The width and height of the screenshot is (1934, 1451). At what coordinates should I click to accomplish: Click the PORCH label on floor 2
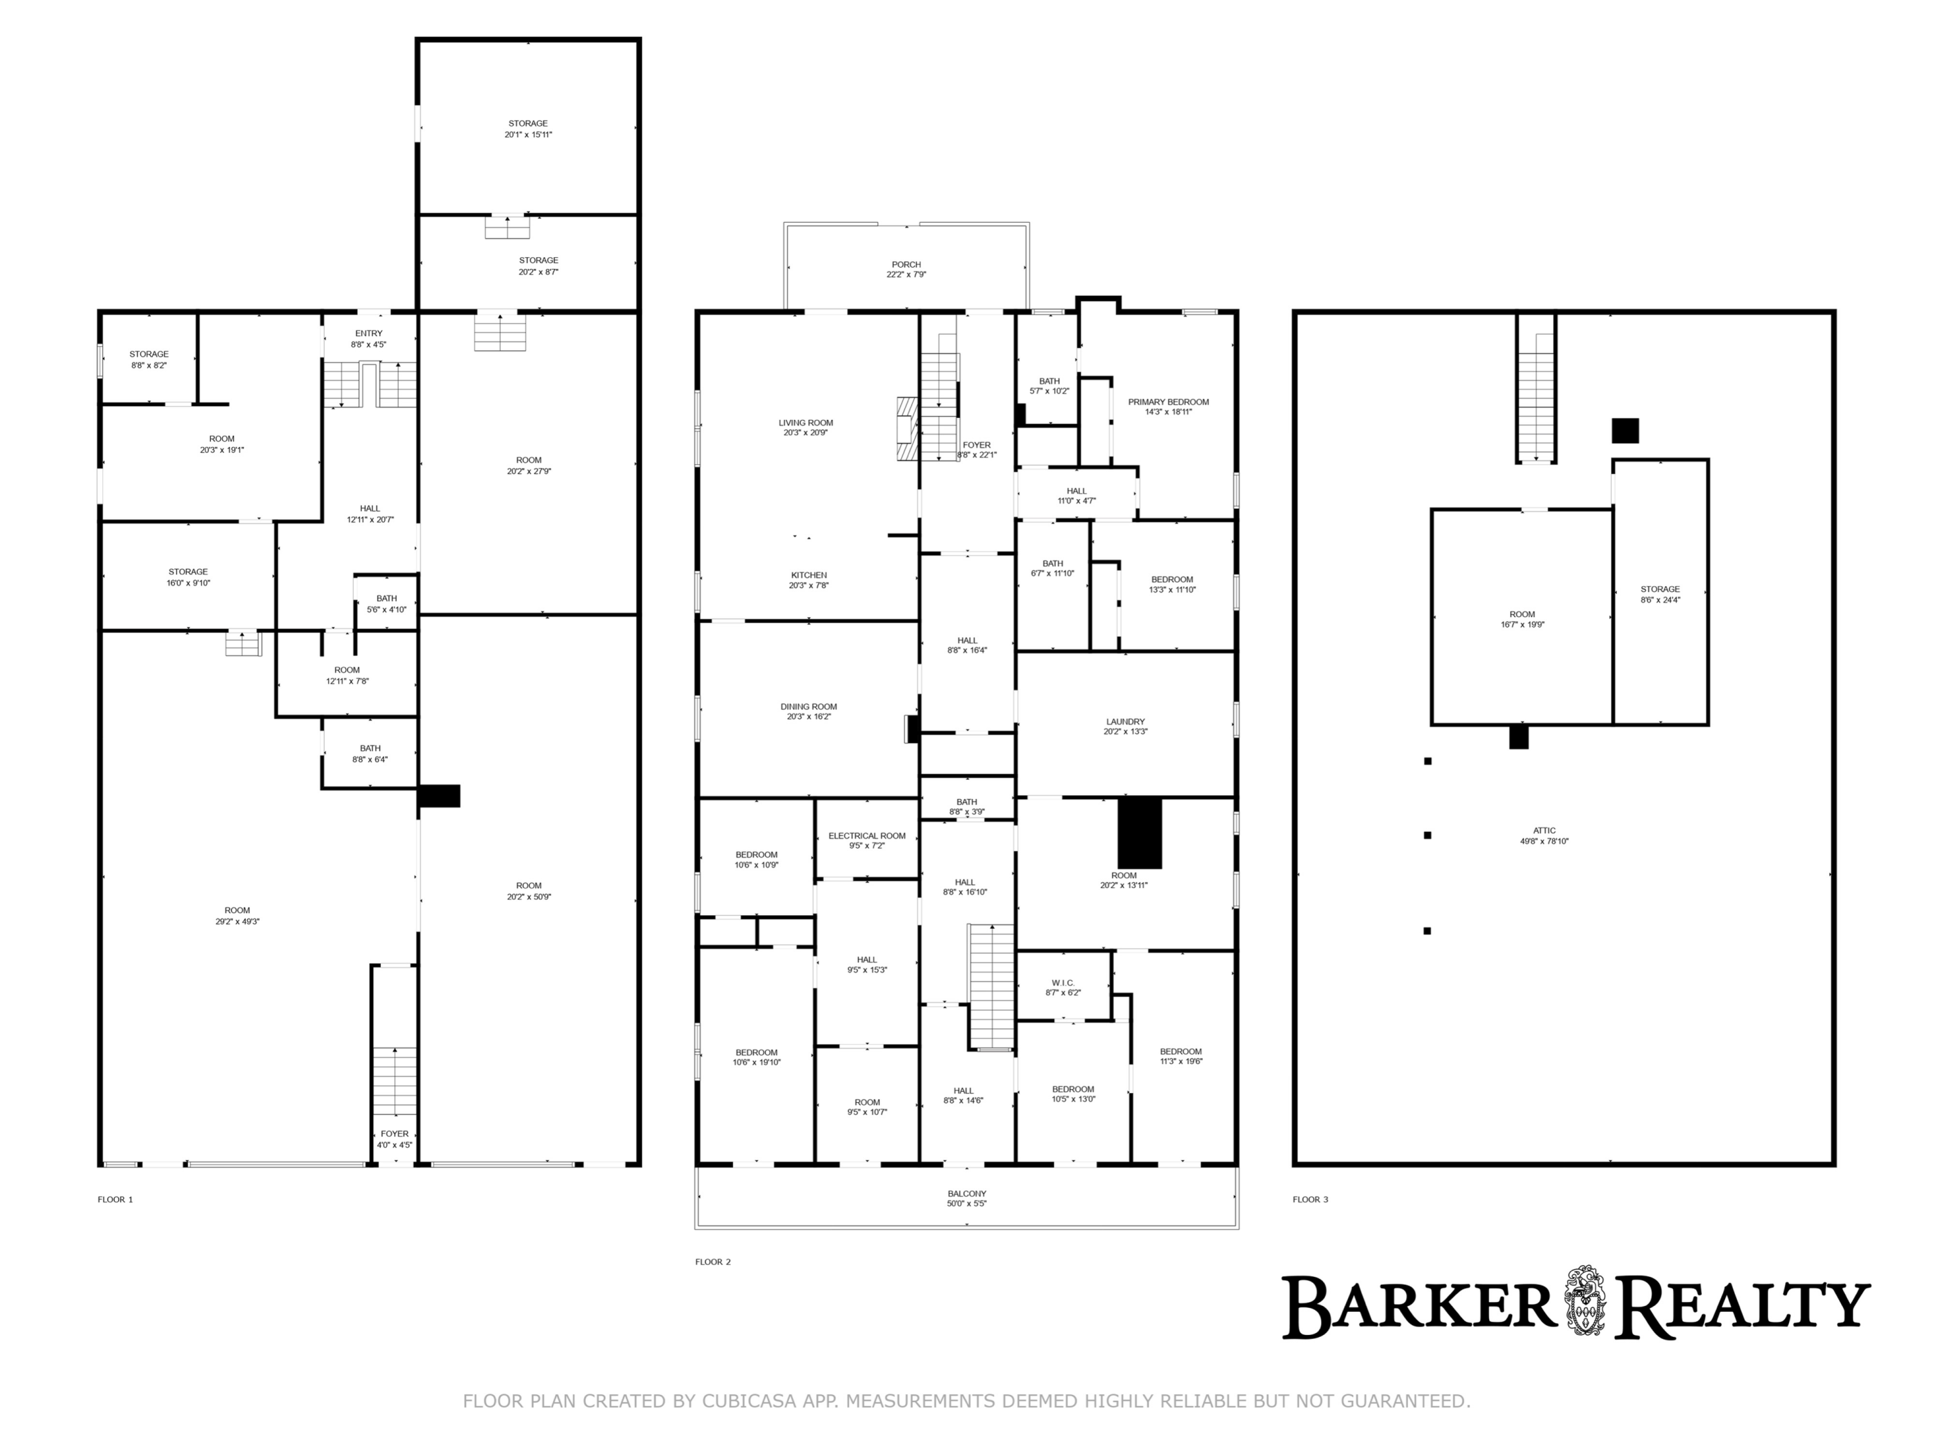906,264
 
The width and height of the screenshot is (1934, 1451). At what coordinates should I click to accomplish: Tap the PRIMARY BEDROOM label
1168,402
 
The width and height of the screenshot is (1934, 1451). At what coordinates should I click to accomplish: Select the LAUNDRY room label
1125,722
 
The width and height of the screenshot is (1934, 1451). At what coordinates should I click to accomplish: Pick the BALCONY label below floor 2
967,1194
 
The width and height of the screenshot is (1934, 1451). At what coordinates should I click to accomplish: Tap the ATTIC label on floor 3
1544,831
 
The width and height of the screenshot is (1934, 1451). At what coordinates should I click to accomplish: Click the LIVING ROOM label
806,423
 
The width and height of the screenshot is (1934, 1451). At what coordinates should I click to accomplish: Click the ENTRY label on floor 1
369,333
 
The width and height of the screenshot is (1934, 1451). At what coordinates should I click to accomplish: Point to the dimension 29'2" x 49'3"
238,921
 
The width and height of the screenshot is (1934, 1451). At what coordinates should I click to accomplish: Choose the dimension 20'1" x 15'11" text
528,135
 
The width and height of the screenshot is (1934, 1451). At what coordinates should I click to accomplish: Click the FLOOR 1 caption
115,1199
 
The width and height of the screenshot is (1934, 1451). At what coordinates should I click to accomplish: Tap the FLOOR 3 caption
1311,1199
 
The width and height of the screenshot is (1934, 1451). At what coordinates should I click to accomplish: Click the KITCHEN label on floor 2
809,575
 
